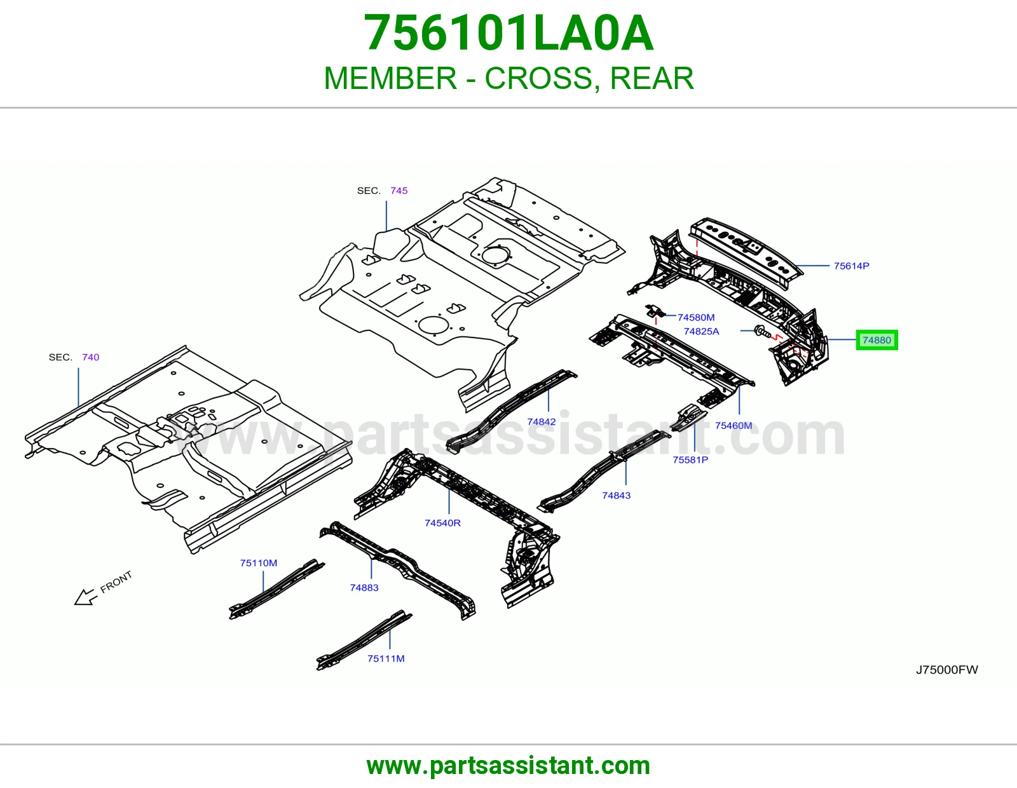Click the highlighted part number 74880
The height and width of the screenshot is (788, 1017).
(877, 340)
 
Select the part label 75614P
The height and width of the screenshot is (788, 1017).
(851, 266)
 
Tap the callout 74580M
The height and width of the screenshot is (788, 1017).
(696, 317)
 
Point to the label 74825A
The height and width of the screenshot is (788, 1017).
(701, 331)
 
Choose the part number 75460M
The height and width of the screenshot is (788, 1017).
(734, 425)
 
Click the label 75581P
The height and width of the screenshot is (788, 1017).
(690, 459)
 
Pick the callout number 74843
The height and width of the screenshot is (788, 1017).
(616, 495)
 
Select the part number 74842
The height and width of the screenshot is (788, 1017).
(542, 421)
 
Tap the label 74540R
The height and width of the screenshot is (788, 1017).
(442, 522)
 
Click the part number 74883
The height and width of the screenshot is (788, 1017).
(364, 587)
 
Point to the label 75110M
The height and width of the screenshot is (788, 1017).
(258, 563)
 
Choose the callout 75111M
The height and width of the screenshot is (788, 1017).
(386, 658)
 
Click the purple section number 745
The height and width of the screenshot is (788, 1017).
(399, 191)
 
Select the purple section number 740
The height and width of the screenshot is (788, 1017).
(90, 357)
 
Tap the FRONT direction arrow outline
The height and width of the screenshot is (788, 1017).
(85, 597)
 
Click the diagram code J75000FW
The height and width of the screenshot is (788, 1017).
(947, 670)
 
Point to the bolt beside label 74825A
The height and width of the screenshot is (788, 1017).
(762, 332)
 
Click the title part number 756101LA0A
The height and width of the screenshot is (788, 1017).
(508, 33)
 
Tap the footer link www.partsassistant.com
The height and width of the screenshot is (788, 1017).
(508, 766)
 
